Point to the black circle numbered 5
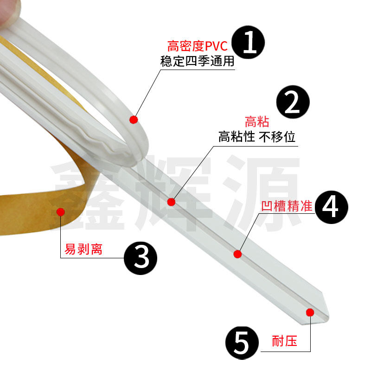coord(242,342)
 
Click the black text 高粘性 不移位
coord(257,137)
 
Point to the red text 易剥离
coord(83,249)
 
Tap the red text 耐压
coord(285,342)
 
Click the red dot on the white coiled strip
coord(134,120)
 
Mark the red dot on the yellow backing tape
coord(60,212)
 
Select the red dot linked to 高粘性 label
coord(171,202)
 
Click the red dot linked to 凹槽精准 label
coord(237,254)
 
